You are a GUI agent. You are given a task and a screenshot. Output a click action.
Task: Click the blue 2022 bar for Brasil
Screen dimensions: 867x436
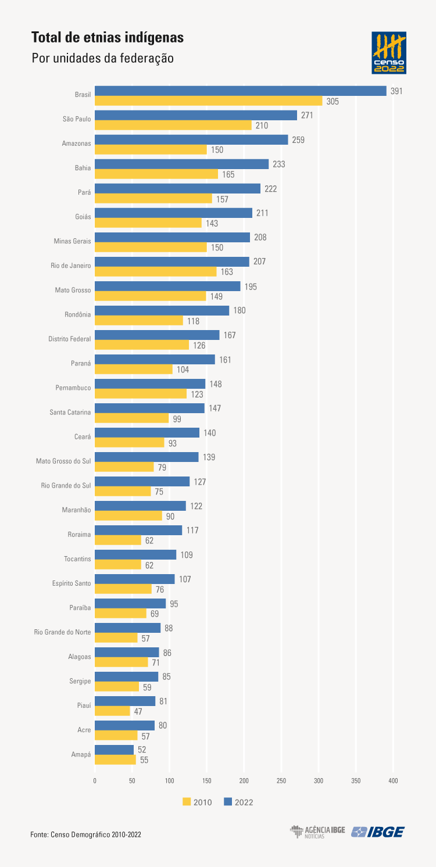240,91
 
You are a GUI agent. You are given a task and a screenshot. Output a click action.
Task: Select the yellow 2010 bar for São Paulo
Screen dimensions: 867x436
173,126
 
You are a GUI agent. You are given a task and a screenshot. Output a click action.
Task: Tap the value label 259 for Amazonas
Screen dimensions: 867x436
298,140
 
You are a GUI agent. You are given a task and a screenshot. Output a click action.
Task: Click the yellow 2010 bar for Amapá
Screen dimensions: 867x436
115,759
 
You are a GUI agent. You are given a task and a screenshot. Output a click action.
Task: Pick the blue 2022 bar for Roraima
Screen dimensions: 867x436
138,530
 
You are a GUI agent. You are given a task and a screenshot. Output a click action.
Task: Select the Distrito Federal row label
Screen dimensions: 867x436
70,338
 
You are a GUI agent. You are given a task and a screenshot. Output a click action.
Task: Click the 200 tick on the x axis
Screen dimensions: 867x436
244,781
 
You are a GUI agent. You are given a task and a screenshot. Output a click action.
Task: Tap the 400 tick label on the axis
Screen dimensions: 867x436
393,781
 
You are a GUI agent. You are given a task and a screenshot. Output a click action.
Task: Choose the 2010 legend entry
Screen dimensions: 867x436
197,802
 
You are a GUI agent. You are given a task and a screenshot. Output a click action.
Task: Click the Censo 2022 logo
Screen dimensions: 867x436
389,53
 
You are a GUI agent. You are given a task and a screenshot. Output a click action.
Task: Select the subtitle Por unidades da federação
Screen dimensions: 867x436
102,59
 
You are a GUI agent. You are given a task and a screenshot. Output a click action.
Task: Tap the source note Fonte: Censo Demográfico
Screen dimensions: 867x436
85,834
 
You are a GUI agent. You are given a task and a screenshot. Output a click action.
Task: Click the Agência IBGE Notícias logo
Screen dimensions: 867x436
317,832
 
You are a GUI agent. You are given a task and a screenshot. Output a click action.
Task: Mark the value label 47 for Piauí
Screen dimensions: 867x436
140,711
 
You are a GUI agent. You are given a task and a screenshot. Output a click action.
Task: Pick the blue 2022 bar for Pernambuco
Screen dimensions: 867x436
150,384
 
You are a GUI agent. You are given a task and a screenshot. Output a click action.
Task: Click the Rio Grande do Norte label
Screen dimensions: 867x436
62,631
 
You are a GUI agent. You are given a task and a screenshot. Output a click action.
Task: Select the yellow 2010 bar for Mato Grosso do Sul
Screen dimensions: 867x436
124,467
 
